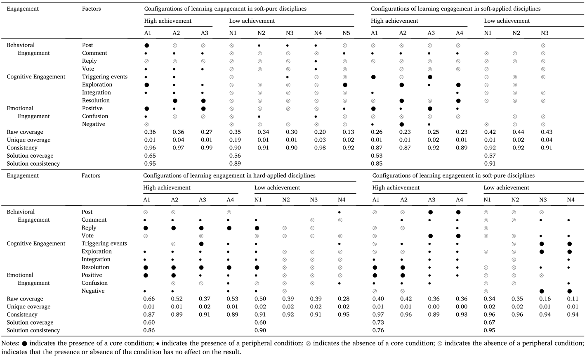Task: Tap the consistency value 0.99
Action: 206,148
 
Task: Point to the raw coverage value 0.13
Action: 348,132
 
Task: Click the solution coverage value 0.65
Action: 150,156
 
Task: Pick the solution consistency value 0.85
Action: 377,163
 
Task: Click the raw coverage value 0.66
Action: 149,299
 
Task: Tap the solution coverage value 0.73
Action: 378,322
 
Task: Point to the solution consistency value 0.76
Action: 378,330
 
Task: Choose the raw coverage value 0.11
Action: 573,299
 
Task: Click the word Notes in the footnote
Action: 10,343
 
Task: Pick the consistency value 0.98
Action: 320,148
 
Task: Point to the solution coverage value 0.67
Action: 489,322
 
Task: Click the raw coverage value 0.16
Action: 545,299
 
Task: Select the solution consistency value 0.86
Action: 149,330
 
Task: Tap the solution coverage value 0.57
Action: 490,156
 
